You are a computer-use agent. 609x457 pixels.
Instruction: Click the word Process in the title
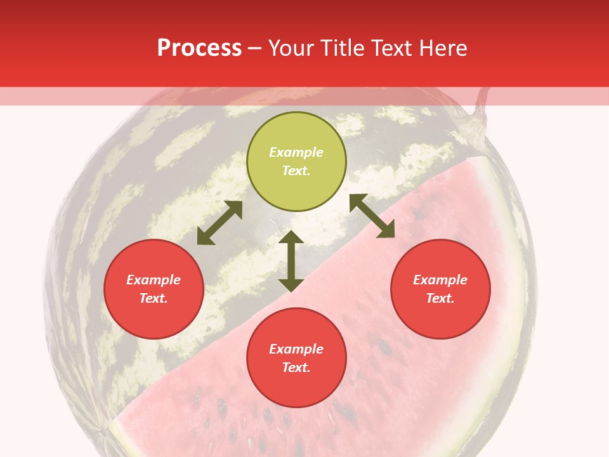click(199, 48)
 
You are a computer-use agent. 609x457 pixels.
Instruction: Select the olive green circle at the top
click(296, 161)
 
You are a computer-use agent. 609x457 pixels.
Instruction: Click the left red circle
click(154, 289)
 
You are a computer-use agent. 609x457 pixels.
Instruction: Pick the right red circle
click(440, 289)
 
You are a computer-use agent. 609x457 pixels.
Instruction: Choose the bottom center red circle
click(296, 358)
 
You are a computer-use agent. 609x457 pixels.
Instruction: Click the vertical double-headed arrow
click(291, 261)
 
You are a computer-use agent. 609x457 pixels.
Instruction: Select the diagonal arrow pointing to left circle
click(219, 223)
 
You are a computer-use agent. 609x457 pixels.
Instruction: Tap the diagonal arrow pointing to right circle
click(372, 216)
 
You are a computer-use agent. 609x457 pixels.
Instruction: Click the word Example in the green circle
click(296, 152)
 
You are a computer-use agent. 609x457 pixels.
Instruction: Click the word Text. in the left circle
click(154, 298)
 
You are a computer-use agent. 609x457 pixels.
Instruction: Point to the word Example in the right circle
click(440, 280)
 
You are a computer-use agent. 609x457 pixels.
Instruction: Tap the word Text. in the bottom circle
click(296, 368)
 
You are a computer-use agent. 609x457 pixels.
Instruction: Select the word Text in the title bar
click(393, 48)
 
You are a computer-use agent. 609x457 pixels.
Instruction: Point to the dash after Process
click(255, 49)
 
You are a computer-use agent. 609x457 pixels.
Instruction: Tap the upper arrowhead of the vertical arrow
click(291, 239)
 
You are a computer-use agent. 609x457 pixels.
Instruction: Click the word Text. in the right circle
click(440, 298)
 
